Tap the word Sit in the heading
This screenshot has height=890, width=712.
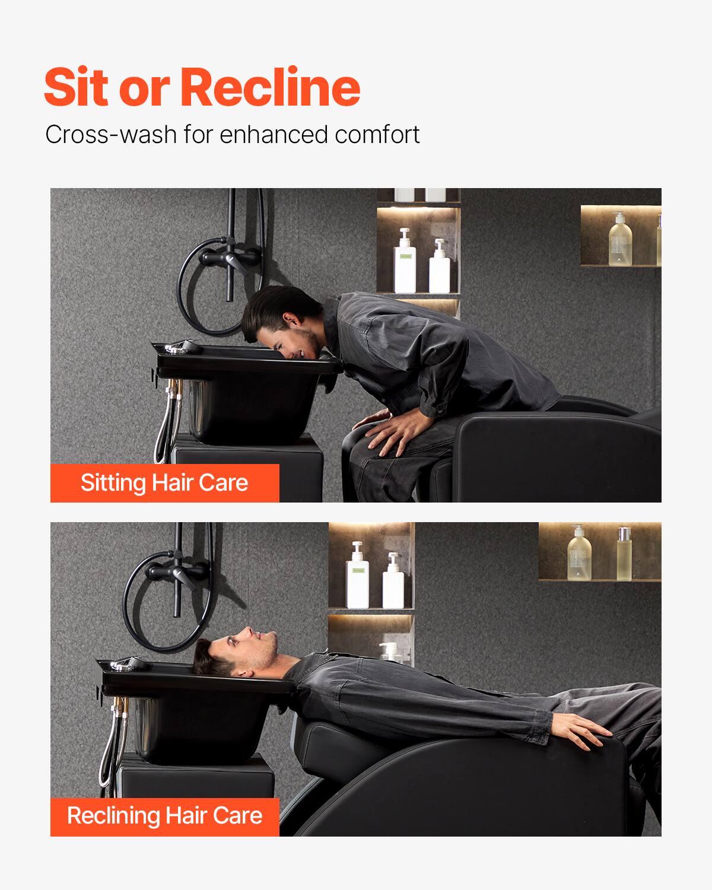point(78,87)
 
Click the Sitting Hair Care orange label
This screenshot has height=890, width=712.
point(164,483)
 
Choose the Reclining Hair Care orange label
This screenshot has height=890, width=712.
point(164,815)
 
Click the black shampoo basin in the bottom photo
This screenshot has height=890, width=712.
point(196,712)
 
